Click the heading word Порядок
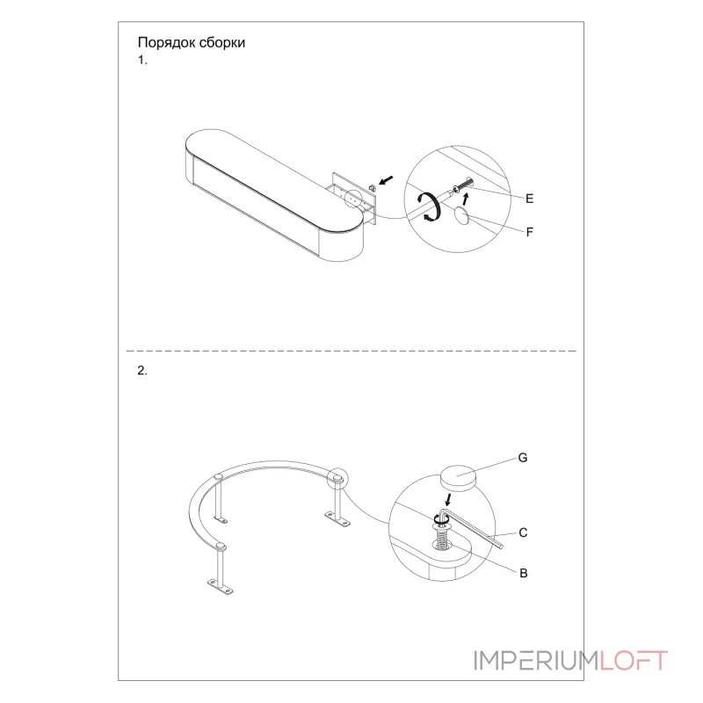coord(166,43)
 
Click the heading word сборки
coord(222,42)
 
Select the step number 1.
coord(142,60)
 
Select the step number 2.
coord(142,371)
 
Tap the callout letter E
coord(530,199)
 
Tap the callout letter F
coord(530,232)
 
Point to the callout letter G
coord(523,458)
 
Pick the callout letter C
coord(523,533)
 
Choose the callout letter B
coord(523,573)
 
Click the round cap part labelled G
coord(458,478)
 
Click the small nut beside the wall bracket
coord(372,187)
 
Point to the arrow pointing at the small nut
coord(386,180)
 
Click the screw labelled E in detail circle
coord(464,185)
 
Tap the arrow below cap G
coord(447,499)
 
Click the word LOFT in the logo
coord(634,661)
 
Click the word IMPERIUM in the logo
coord(537,661)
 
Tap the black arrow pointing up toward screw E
coord(466,199)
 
